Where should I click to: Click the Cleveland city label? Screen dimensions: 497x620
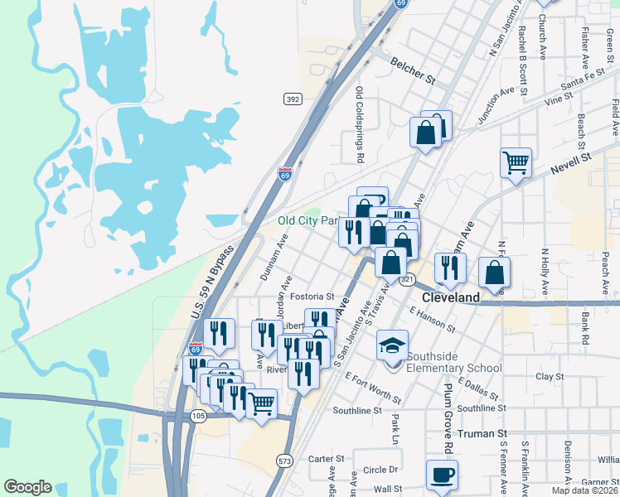click(451, 297)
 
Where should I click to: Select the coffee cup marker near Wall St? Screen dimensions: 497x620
click(441, 475)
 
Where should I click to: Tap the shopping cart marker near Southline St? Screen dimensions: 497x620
click(262, 404)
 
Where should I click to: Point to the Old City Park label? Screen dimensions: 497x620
click(309, 221)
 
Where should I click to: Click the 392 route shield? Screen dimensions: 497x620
click(292, 99)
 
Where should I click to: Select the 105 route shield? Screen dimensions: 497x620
click(199, 416)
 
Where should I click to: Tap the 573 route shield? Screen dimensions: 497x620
click(286, 460)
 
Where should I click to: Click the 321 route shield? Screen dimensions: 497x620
click(407, 281)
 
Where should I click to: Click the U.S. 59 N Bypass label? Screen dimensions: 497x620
click(212, 281)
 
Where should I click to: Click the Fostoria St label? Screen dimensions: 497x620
click(312, 296)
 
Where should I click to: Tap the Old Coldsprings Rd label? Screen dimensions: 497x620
click(360, 124)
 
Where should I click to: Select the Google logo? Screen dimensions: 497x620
click(27, 487)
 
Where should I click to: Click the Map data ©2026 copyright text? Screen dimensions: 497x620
click(585, 490)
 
